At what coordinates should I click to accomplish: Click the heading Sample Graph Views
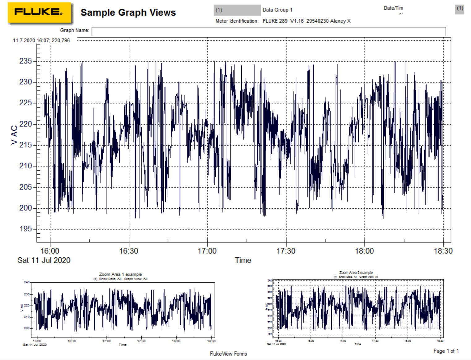128,12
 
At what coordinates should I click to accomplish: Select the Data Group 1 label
277,10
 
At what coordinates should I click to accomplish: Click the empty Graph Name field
268,31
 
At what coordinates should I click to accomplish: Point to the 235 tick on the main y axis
26,61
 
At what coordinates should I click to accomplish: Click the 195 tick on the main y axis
26,229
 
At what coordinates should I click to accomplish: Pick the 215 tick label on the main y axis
26,145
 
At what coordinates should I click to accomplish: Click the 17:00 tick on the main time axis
207,251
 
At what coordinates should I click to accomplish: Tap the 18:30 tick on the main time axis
443,251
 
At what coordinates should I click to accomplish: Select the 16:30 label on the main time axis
129,251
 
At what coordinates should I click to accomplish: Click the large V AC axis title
14,135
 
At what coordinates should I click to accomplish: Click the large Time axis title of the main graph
243,260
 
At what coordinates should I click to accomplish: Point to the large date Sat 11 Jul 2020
44,260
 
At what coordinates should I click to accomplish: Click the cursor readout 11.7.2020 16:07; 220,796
41,40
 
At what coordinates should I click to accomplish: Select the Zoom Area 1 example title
120,274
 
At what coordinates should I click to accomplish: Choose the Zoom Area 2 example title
356,273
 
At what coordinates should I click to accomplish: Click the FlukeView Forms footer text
228,354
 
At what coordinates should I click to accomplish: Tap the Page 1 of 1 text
446,351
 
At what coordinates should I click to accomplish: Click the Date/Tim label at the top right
393,8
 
